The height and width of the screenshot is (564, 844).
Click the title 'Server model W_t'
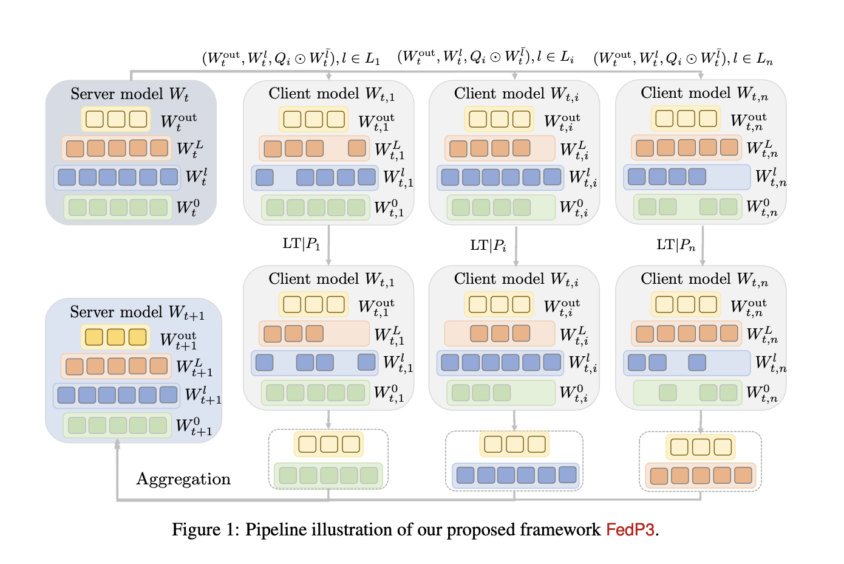(129, 94)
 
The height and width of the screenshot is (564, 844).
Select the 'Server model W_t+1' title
(137, 312)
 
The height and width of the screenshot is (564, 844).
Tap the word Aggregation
(183, 479)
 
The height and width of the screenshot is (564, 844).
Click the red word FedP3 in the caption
(630, 530)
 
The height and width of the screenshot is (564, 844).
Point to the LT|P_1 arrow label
(301, 244)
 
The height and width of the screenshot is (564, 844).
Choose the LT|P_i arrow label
(488, 246)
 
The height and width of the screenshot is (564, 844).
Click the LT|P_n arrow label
(676, 245)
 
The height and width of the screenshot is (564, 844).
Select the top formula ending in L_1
(291, 58)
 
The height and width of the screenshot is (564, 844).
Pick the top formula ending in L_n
(683, 58)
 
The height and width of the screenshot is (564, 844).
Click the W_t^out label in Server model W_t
(179, 121)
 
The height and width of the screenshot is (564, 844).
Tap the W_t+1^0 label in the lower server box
(194, 426)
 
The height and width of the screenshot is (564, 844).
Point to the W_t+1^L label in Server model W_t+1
(194, 368)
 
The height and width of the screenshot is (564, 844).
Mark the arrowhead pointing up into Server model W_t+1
(117, 445)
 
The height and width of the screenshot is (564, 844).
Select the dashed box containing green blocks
(328, 459)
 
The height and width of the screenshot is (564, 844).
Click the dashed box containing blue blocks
(514, 460)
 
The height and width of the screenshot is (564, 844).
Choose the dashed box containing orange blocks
(700, 461)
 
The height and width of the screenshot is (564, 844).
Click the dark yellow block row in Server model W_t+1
(115, 337)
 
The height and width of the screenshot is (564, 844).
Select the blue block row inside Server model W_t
(117, 177)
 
